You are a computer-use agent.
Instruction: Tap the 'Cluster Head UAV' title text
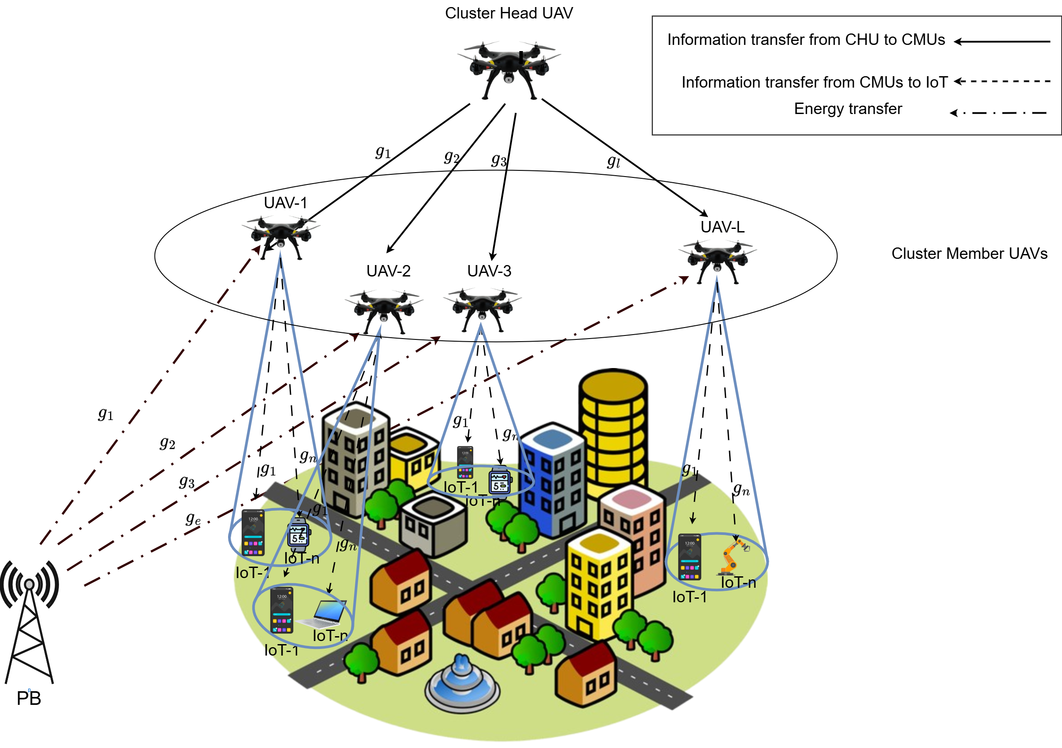click(509, 13)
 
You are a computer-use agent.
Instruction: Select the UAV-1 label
click(285, 203)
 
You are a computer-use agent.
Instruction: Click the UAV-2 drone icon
click(383, 309)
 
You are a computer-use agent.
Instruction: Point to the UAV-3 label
click(489, 271)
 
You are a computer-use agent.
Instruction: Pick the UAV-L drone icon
click(717, 259)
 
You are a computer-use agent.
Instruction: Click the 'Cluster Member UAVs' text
click(969, 254)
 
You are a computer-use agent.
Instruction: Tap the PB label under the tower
click(29, 698)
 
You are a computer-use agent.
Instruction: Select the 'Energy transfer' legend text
click(848, 109)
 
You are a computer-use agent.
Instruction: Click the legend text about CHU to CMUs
click(806, 40)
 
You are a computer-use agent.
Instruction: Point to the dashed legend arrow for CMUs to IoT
click(1002, 81)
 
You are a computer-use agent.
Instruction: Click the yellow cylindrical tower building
click(613, 430)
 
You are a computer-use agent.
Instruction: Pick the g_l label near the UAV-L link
click(613, 162)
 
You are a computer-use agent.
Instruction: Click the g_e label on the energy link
click(193, 519)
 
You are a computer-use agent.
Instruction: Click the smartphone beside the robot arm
click(689, 556)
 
